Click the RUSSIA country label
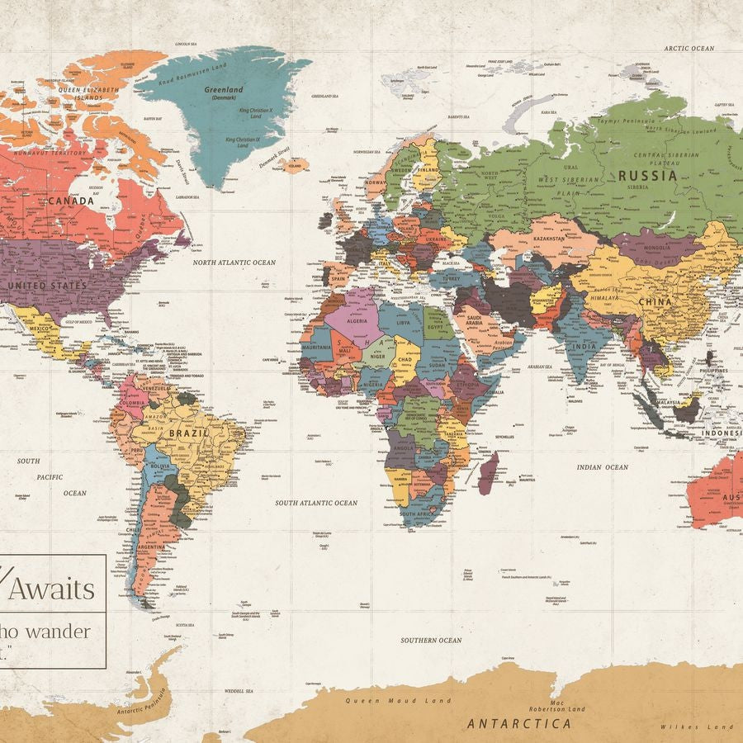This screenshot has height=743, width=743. tap(648, 175)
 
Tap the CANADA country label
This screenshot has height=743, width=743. tap(70, 201)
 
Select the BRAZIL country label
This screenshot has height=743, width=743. tap(184, 433)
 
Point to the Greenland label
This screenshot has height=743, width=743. tap(224, 90)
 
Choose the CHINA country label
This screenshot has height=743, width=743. tap(655, 302)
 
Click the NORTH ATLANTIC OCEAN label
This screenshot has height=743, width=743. tap(234, 263)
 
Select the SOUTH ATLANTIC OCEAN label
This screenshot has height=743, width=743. tap(316, 503)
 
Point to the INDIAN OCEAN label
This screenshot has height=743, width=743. tap(602, 467)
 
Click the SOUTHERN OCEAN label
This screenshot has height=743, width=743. tap(431, 641)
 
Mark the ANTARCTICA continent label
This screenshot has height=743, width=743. tap(518, 724)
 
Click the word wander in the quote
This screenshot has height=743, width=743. tap(59, 632)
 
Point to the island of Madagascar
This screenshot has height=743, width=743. tap(489, 474)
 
